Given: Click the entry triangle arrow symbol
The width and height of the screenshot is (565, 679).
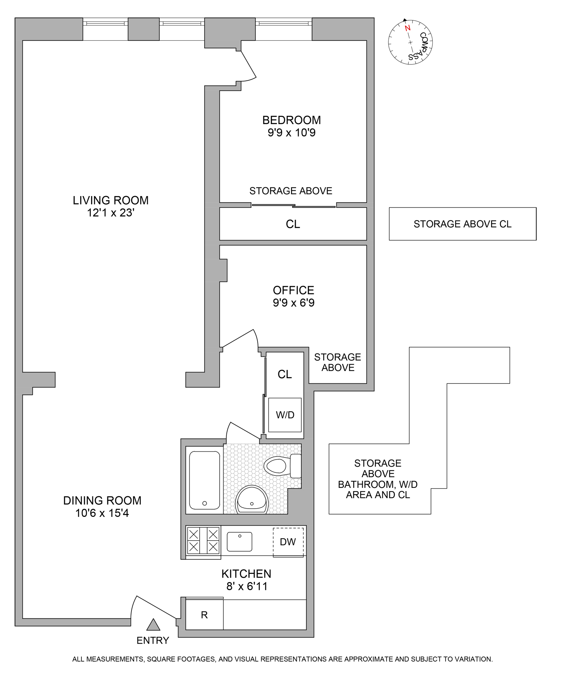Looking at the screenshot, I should (x=153, y=625).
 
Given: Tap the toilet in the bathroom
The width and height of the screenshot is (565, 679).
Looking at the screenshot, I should (x=282, y=466).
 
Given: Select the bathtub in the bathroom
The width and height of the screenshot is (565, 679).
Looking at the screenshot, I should (x=205, y=480).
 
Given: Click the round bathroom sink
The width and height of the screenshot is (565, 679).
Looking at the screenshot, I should (x=252, y=500).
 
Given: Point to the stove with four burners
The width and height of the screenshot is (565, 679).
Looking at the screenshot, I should (x=203, y=540).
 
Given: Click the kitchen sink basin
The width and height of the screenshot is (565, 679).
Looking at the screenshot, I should (x=239, y=542).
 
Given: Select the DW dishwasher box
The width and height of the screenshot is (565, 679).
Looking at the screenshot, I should (x=288, y=542).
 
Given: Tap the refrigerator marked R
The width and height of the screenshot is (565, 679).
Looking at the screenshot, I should (x=205, y=615).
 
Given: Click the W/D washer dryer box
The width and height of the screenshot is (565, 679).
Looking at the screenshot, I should (x=285, y=415).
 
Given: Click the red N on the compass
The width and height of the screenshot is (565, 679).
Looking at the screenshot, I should (x=407, y=28).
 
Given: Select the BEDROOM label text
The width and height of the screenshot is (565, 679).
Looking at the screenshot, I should (x=292, y=120).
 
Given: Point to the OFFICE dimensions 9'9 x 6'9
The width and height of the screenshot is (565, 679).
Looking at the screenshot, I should (x=293, y=303).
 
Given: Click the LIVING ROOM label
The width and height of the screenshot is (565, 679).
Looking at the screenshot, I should (x=110, y=200).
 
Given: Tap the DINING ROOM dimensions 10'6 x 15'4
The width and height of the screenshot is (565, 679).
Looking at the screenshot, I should (x=102, y=513).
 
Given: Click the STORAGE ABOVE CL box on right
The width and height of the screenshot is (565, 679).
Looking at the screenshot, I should (x=462, y=224).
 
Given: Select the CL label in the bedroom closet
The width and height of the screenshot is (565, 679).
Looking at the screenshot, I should (x=293, y=224).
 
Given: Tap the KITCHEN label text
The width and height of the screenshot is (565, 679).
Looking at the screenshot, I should (x=246, y=574).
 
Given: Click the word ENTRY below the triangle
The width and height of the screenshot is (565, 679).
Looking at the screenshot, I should (x=153, y=641).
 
